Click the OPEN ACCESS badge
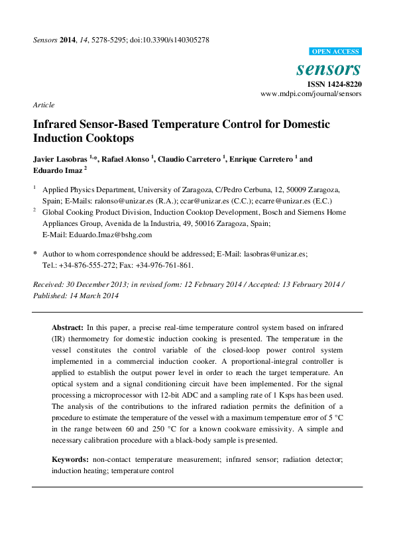(335, 52)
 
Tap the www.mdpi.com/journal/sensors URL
(311, 94)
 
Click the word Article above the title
(43, 105)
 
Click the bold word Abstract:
(68, 328)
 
